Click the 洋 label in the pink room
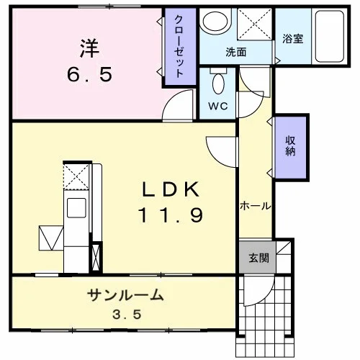pos(89,48)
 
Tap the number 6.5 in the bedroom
pos(89,74)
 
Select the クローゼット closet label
pos(179,46)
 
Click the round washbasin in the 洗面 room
pos(215,20)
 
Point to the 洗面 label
pos(236,52)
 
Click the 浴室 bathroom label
pos(293,38)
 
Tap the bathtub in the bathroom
pos(330,36)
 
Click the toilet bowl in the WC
pos(218,84)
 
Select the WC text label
pos(218,106)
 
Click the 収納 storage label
pos(290,146)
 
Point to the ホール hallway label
pos(256,206)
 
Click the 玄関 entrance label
pos(258,258)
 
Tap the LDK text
pos(171,189)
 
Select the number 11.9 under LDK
pos(171,215)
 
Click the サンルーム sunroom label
pos(125,295)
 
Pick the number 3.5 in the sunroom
pos(127,315)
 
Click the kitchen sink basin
pos(76,208)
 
